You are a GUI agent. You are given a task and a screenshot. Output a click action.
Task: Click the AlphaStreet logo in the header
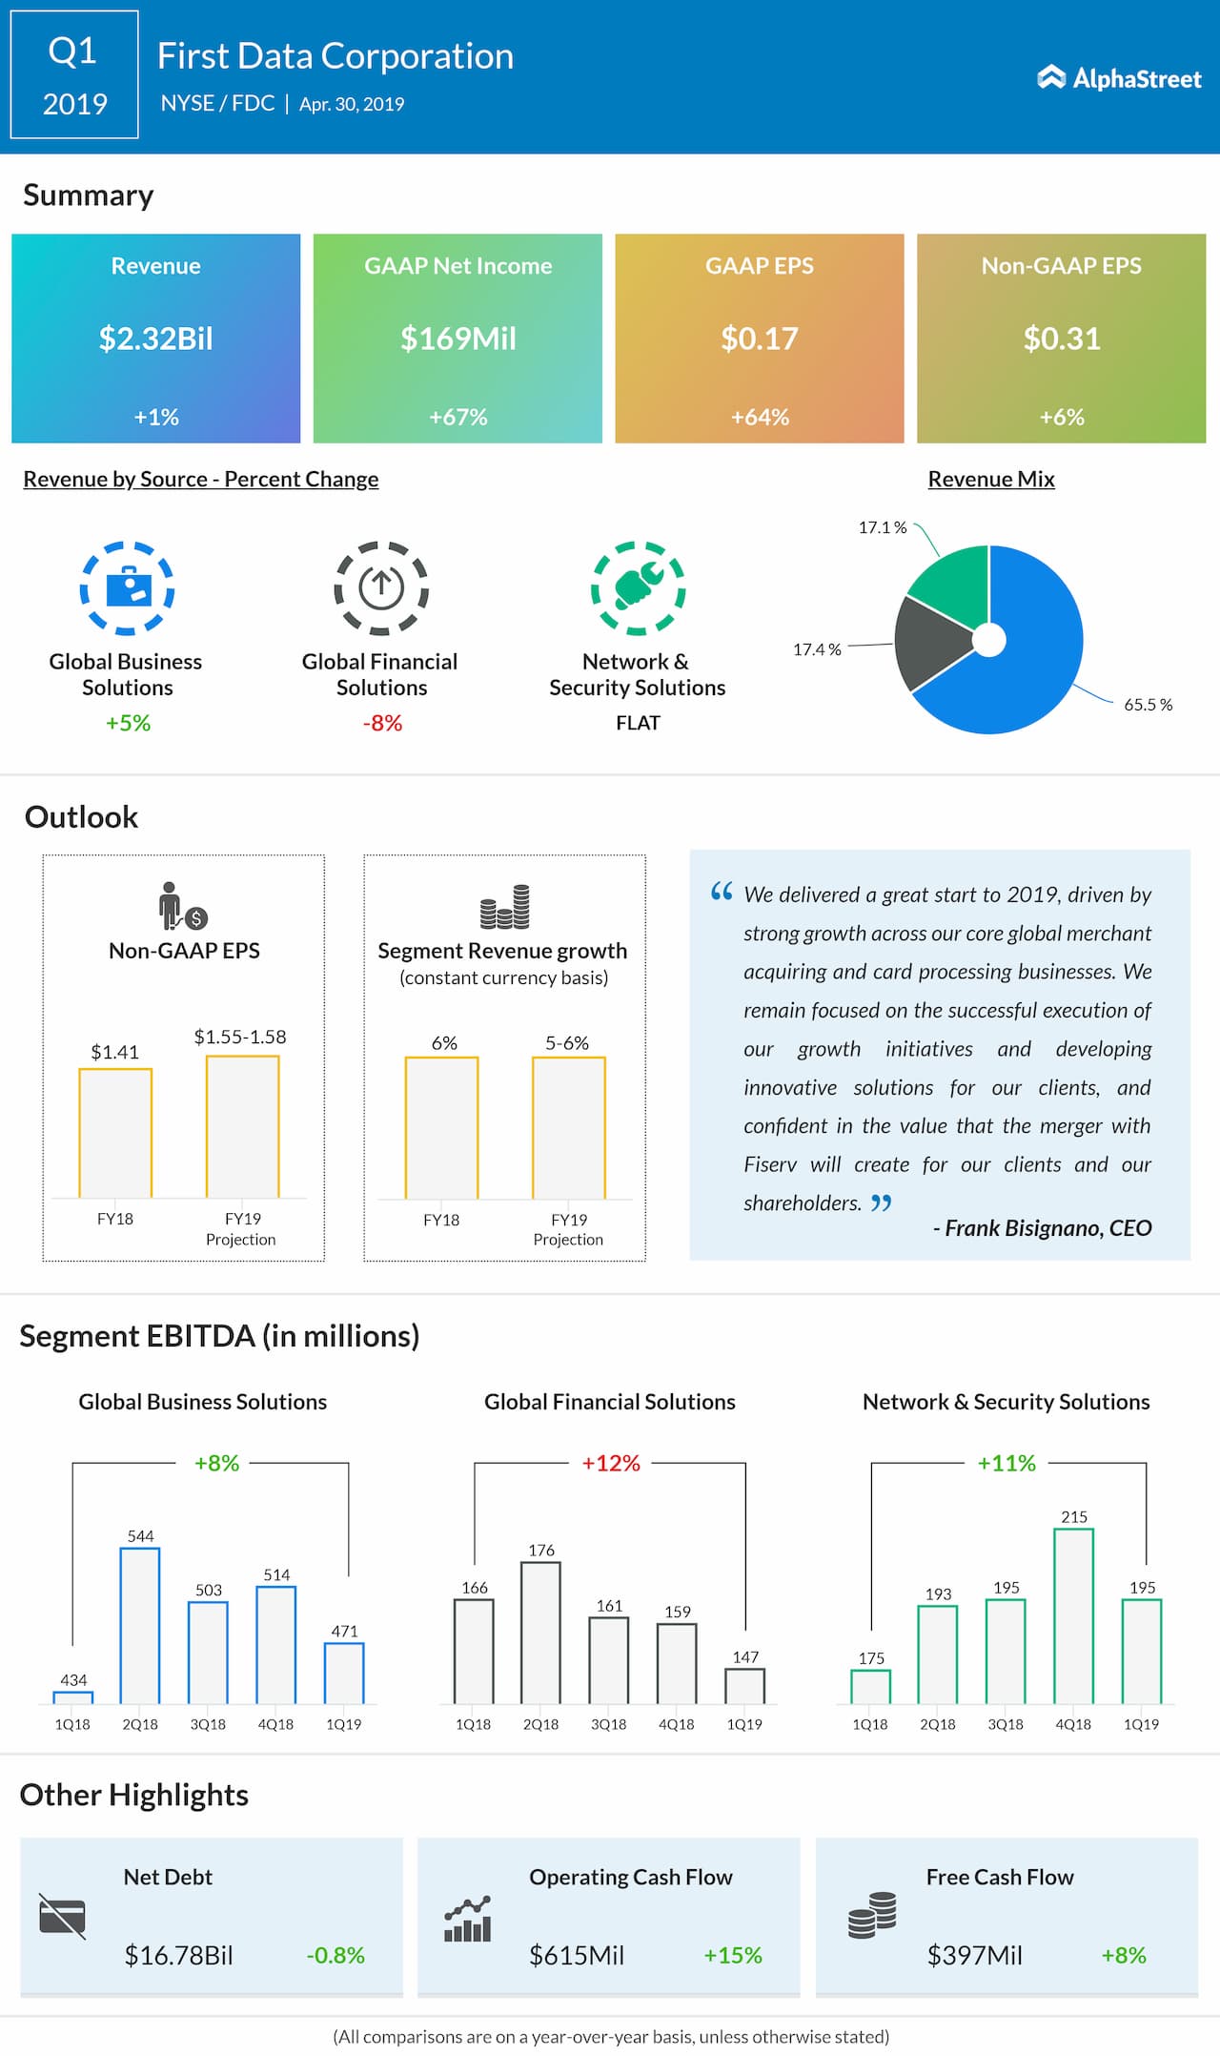point(1119,78)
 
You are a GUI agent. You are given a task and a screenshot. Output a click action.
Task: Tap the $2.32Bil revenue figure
point(156,339)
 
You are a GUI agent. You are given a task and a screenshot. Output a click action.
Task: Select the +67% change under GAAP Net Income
point(457,417)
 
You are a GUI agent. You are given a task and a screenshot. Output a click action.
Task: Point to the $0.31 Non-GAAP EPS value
point(1062,339)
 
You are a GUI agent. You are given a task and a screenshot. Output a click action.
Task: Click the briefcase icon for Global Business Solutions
point(127,587)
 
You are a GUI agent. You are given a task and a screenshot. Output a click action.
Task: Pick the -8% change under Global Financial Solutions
point(382,723)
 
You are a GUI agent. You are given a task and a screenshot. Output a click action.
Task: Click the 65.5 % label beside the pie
point(1148,705)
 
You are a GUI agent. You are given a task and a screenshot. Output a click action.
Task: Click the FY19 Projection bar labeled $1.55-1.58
point(243,1126)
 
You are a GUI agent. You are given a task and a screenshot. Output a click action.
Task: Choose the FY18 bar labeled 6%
point(441,1127)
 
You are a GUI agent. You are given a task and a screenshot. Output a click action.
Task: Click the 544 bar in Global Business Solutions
point(140,1625)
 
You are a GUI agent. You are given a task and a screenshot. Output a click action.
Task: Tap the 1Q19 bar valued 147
point(744,1686)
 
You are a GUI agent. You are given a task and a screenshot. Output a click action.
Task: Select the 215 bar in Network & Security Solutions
point(1073,1615)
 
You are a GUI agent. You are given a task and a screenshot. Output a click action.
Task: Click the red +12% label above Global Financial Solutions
point(611,1463)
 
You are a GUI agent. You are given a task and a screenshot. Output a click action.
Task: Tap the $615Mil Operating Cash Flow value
point(577,1955)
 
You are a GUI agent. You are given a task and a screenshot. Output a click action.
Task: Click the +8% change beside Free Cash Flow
point(1124,1955)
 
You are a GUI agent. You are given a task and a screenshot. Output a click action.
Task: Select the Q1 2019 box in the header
point(74,74)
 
